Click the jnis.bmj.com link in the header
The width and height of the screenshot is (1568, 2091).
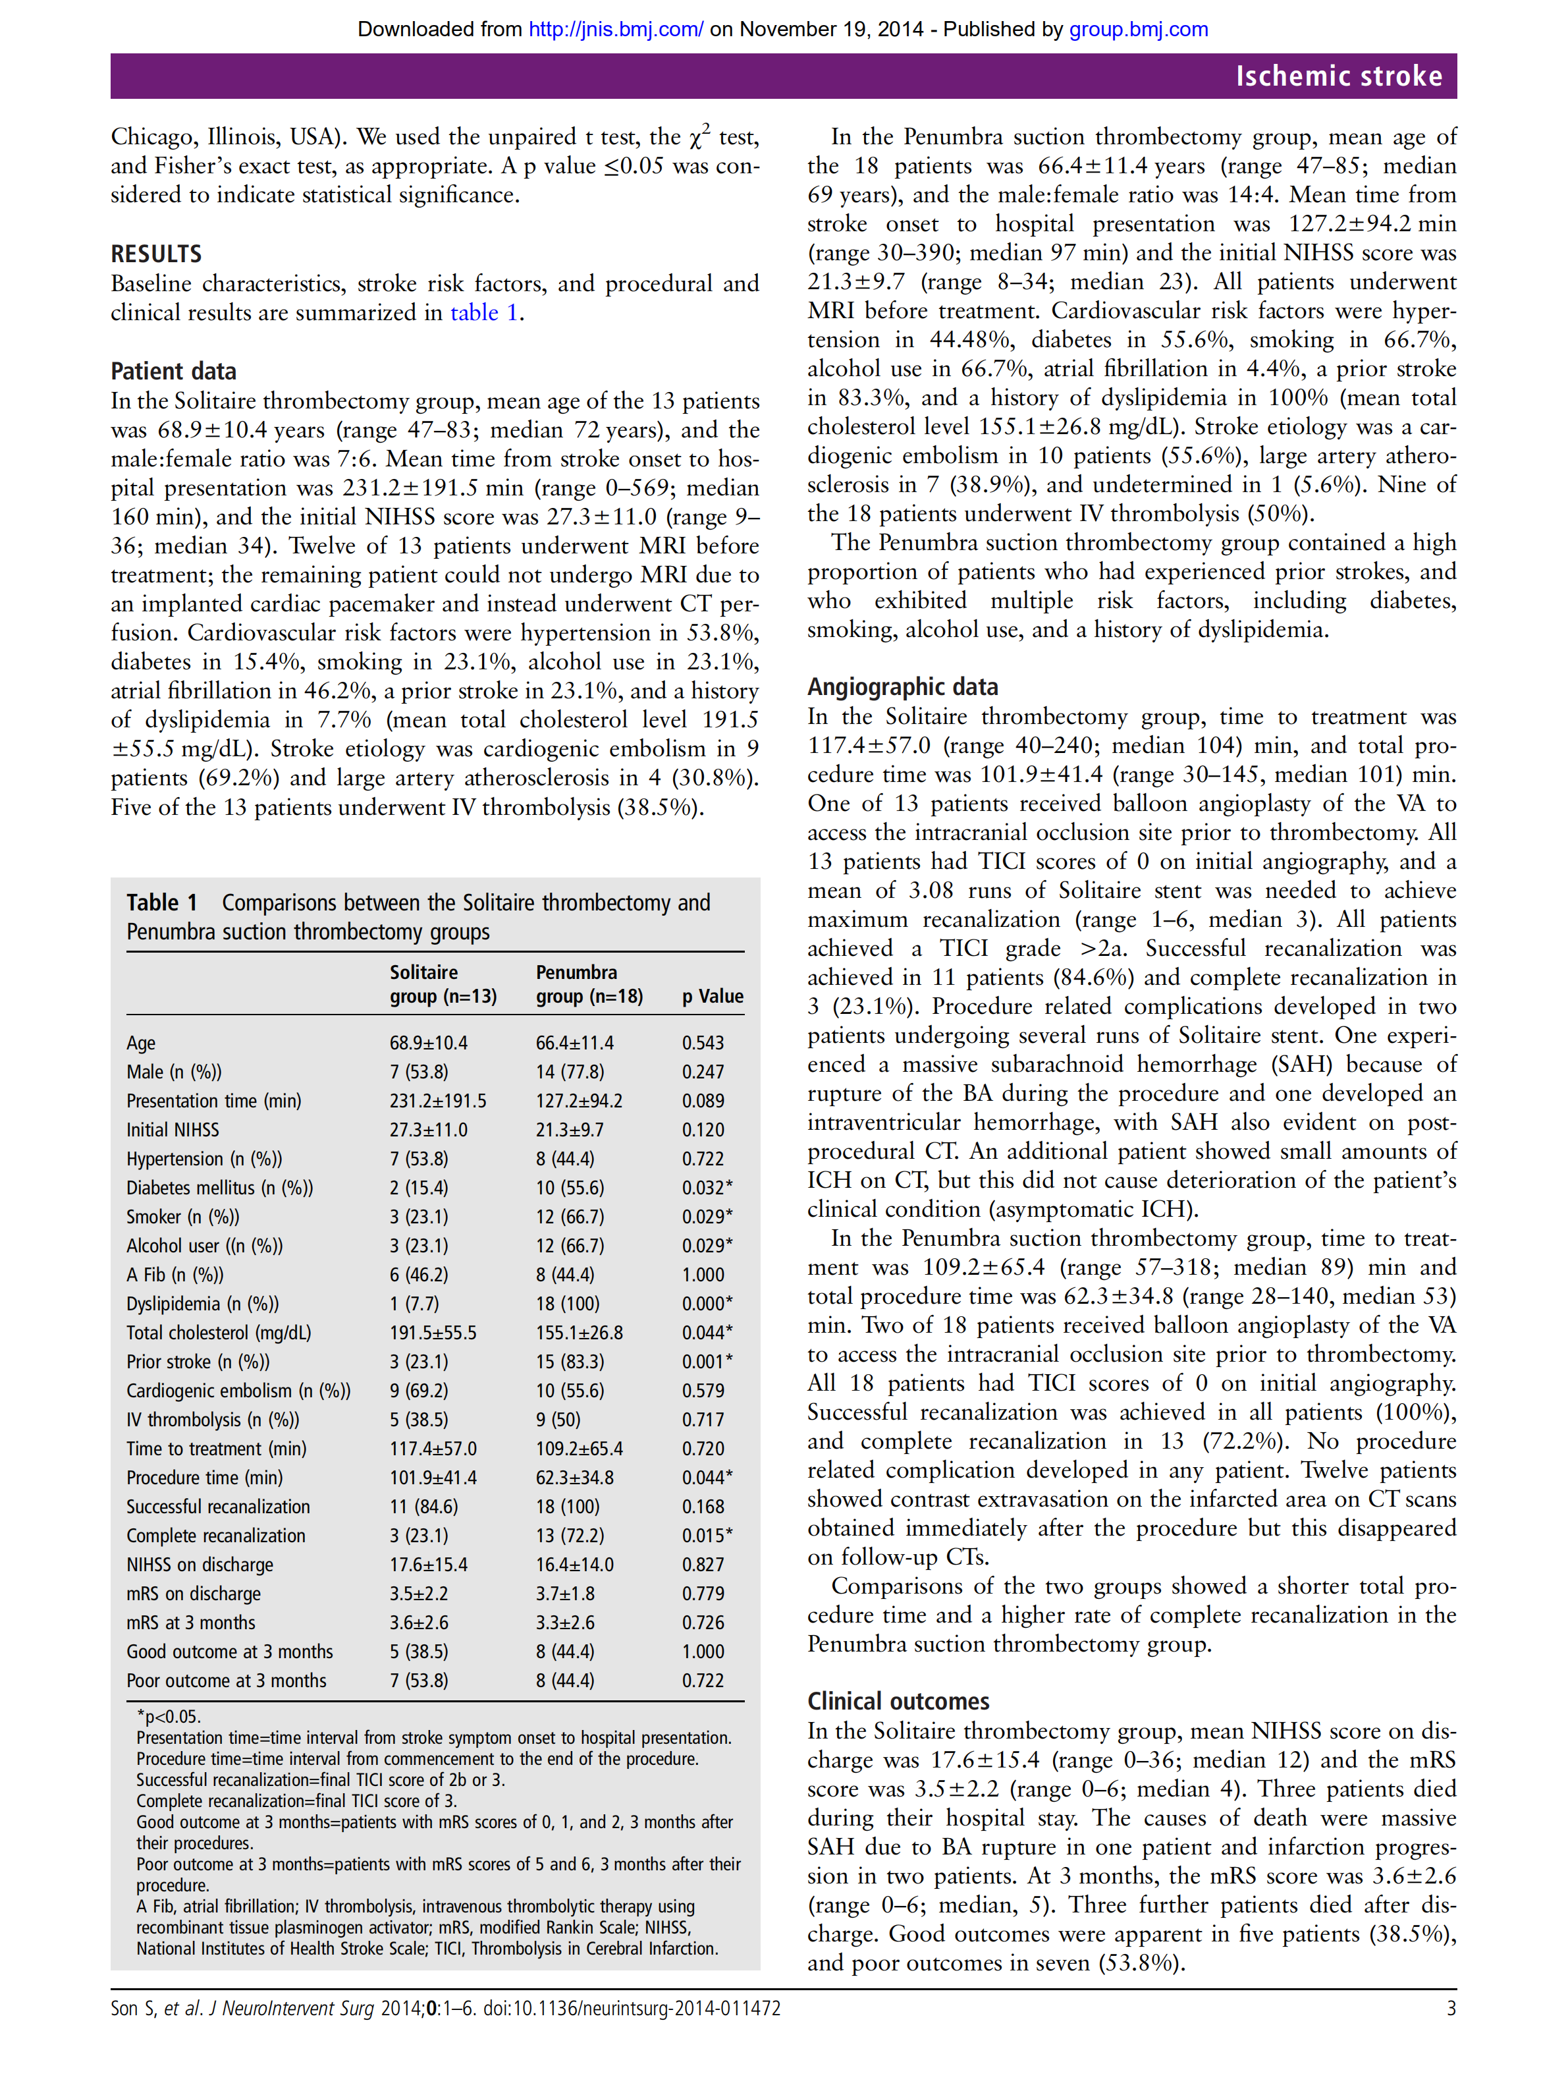coord(615,29)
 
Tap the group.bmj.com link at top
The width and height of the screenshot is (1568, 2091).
coord(1138,29)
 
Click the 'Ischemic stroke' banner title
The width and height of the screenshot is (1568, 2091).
coord(1338,76)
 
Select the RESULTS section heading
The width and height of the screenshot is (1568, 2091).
coord(156,254)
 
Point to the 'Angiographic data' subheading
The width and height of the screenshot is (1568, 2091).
coord(902,686)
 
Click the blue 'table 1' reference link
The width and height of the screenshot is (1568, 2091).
coord(484,313)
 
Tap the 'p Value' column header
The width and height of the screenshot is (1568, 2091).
coord(713,995)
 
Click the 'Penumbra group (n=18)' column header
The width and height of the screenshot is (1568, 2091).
coord(589,984)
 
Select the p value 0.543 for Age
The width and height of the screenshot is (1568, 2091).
coord(702,1043)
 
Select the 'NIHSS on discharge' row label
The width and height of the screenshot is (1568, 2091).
coord(200,1565)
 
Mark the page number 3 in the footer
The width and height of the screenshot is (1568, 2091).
coord(1451,2008)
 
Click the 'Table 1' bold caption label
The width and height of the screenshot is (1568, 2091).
coord(161,903)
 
